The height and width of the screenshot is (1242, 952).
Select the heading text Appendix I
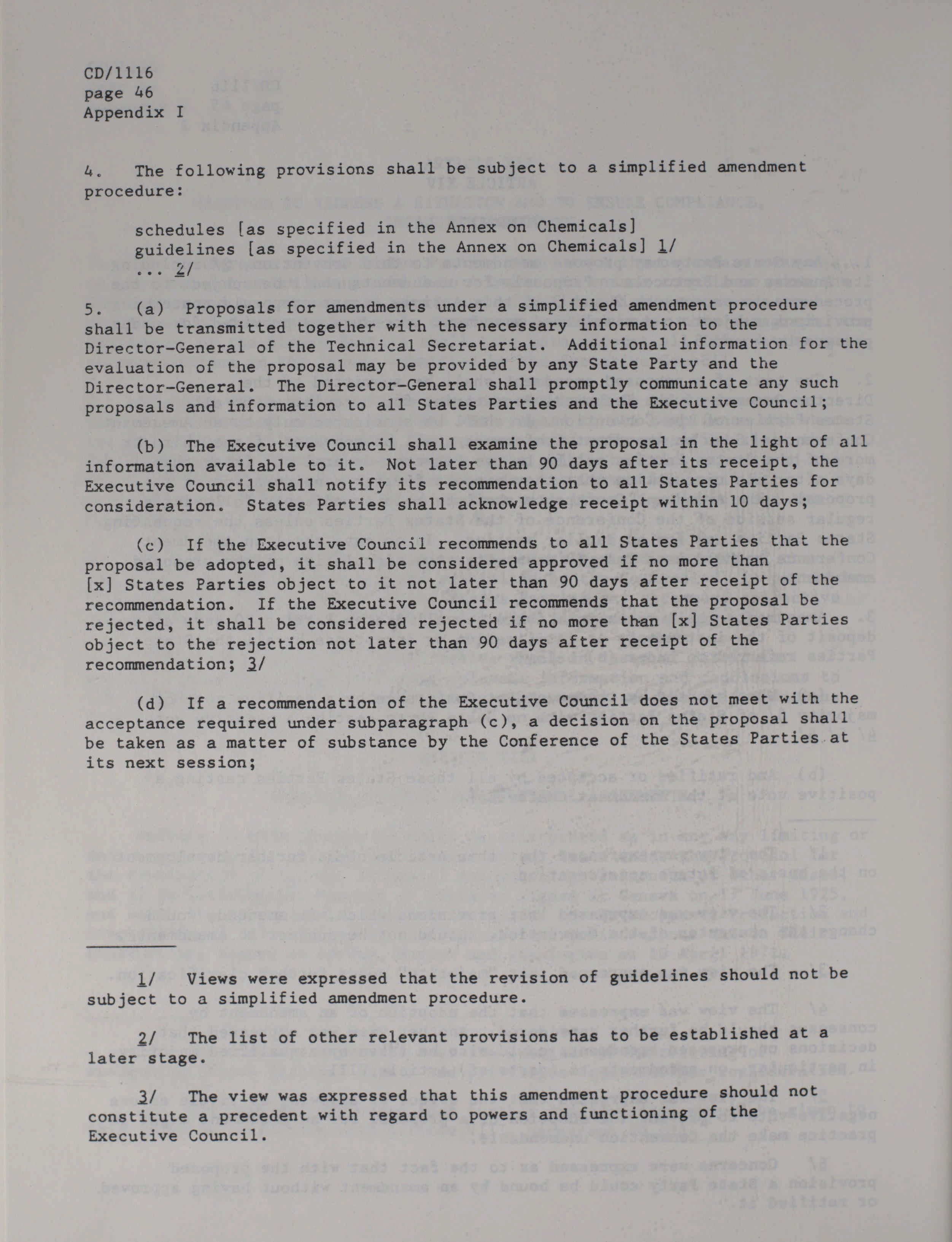[x=134, y=112]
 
